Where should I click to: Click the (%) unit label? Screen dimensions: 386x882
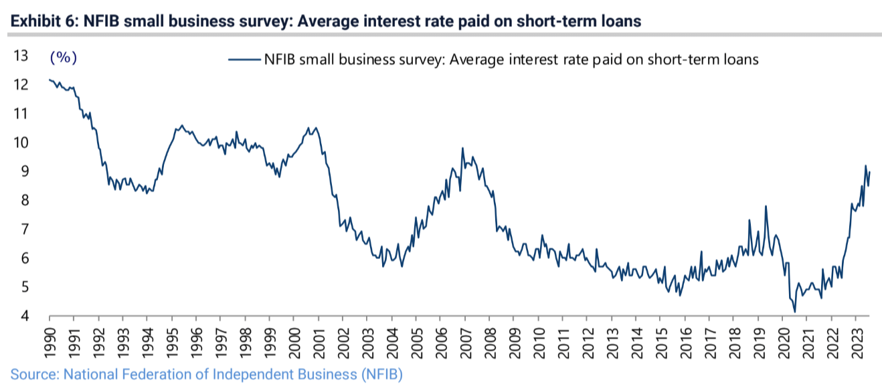[x=64, y=58]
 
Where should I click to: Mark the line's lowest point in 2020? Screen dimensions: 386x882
[x=794, y=312]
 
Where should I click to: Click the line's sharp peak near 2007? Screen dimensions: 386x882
[x=462, y=149]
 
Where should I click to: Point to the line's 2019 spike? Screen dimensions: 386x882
[x=765, y=206]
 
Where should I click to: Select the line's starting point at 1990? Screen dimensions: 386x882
[x=50, y=80]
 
